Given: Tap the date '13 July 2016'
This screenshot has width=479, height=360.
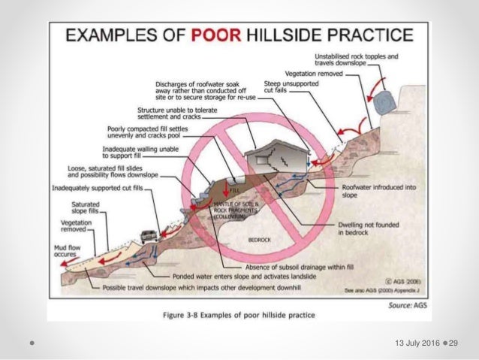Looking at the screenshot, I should tap(408, 343).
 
